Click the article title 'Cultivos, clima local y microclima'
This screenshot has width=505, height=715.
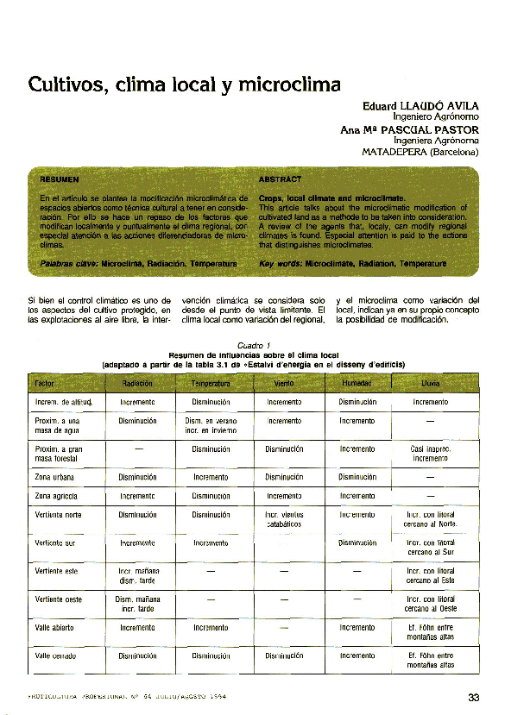184,85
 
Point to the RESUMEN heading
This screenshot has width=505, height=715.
60,180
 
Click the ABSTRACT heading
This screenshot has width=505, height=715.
280,179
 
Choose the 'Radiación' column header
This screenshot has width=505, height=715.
137,383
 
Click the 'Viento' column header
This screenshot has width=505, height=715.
284,383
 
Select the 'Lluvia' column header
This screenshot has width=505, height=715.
430,383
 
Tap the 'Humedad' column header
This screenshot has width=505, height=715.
357,383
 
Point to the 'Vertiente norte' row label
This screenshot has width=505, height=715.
59,515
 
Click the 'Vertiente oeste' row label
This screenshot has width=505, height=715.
59,599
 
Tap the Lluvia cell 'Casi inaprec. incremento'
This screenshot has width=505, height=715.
430,454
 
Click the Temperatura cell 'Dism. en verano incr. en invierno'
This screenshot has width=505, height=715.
211,425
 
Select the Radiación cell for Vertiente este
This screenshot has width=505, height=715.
137,576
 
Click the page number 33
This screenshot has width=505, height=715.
473,698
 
